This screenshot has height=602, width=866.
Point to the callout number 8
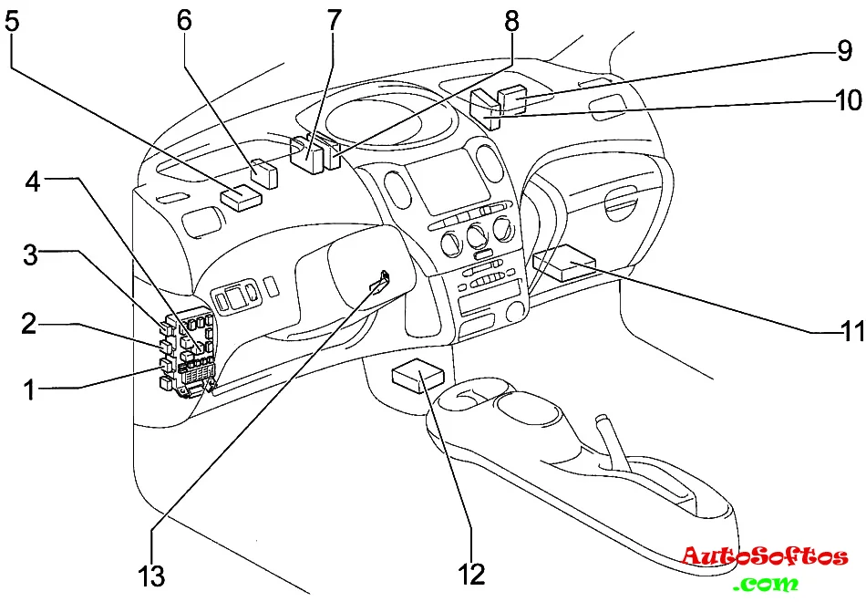[x=511, y=19]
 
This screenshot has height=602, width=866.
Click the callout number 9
[x=843, y=51]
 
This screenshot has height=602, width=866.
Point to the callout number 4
[x=33, y=182]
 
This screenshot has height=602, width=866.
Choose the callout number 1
[x=30, y=391]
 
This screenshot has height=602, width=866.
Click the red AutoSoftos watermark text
[x=765, y=555]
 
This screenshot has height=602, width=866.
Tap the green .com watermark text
[x=769, y=583]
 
